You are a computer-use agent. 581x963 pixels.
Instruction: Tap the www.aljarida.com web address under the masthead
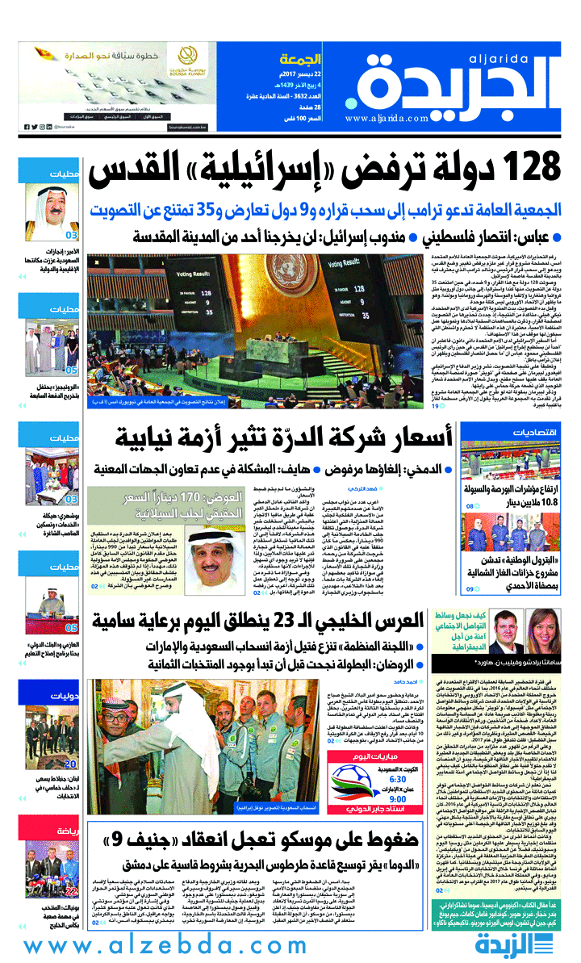(x=387, y=119)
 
